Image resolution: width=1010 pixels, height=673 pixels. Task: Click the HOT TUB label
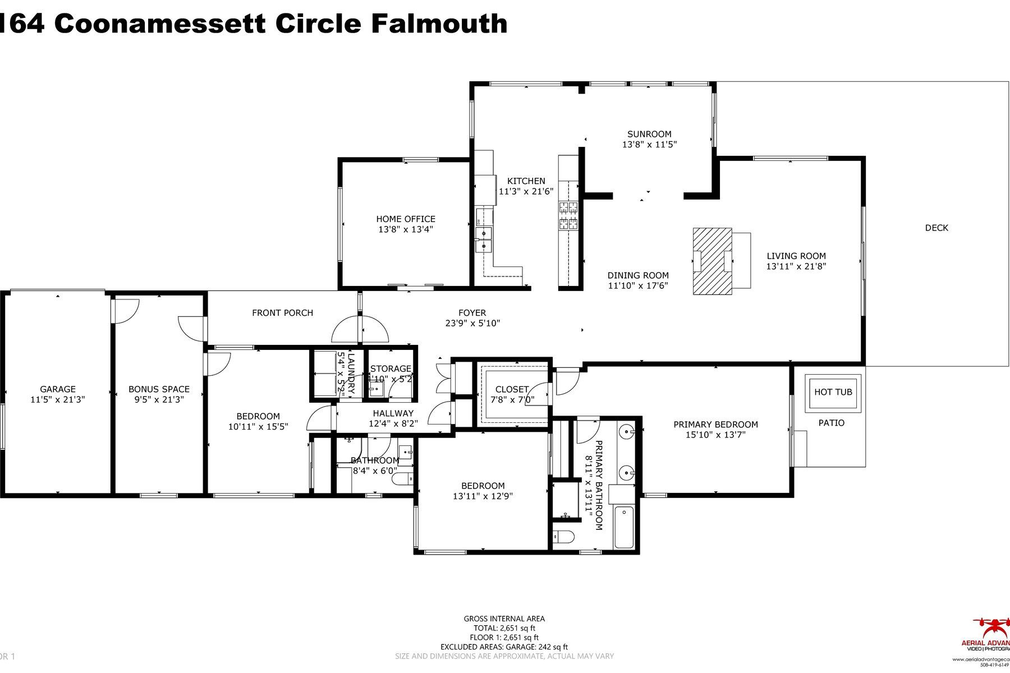point(833,392)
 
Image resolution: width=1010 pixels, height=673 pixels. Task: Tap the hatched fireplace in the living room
point(712,261)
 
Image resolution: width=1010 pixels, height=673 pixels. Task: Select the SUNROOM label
point(649,134)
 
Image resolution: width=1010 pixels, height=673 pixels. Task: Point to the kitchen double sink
point(483,239)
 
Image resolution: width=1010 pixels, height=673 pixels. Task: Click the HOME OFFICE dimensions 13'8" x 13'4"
point(405,229)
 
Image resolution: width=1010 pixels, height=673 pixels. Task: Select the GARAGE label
point(57,389)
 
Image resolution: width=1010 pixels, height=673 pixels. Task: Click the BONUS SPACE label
point(159,389)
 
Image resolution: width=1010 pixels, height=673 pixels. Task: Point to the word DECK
point(936,228)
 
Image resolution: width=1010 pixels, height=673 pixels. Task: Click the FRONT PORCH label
point(282,313)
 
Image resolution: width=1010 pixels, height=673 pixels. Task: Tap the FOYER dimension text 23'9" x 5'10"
point(472,323)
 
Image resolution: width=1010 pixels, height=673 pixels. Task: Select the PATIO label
point(831,423)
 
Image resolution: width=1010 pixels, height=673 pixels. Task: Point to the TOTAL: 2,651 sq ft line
point(503,628)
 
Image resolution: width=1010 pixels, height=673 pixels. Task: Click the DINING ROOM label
point(638,275)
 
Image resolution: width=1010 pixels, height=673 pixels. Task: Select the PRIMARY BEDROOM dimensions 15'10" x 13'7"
point(715,435)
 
